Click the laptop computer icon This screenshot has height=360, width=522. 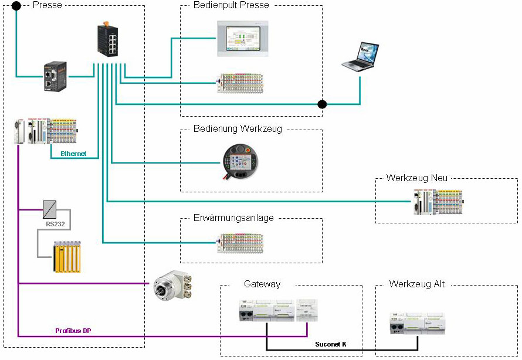pos(360,57)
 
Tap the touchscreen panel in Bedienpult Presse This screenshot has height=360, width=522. pos(242,39)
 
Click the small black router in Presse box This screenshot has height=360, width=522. pos(53,77)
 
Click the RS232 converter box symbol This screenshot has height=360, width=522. pos(50,209)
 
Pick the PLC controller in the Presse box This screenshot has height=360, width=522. pos(45,132)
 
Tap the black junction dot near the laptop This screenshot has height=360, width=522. pos(321,104)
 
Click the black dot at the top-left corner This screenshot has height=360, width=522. pos(16,6)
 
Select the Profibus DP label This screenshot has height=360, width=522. pos(73,331)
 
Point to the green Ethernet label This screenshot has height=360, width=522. pos(73,154)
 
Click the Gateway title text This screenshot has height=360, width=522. pos(262,284)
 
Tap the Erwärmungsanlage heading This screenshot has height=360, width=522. pos(233,218)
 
